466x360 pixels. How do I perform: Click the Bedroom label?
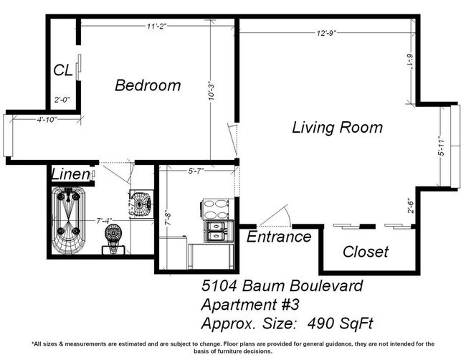(148, 85)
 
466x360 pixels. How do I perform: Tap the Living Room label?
(336, 128)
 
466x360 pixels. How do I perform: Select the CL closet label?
(62, 70)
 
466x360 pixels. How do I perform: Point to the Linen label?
(70, 174)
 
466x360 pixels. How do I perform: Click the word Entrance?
(279, 237)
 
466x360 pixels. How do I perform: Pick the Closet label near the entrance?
(365, 252)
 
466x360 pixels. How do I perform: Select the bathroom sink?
(141, 204)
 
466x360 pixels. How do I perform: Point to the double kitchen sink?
(216, 230)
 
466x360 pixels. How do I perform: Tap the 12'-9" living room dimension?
(326, 32)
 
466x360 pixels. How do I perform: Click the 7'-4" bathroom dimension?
(104, 219)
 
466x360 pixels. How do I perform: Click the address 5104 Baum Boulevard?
(280, 287)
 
